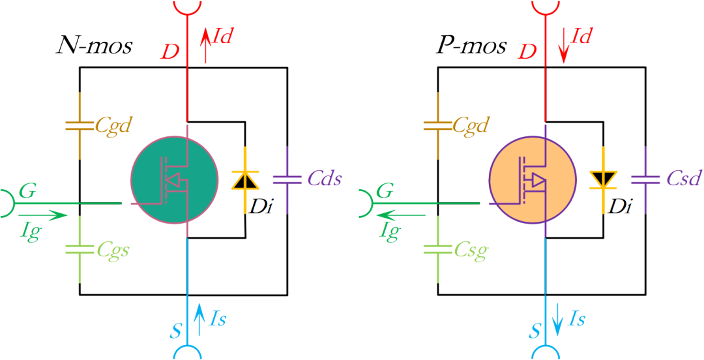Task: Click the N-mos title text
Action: pyautogui.click(x=95, y=47)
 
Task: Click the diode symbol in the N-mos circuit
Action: pyautogui.click(x=244, y=180)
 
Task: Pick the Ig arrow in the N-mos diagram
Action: pyautogui.click(x=43, y=215)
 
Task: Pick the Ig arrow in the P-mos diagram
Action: pyautogui.click(x=401, y=215)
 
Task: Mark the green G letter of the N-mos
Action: pyautogui.click(x=28, y=191)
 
